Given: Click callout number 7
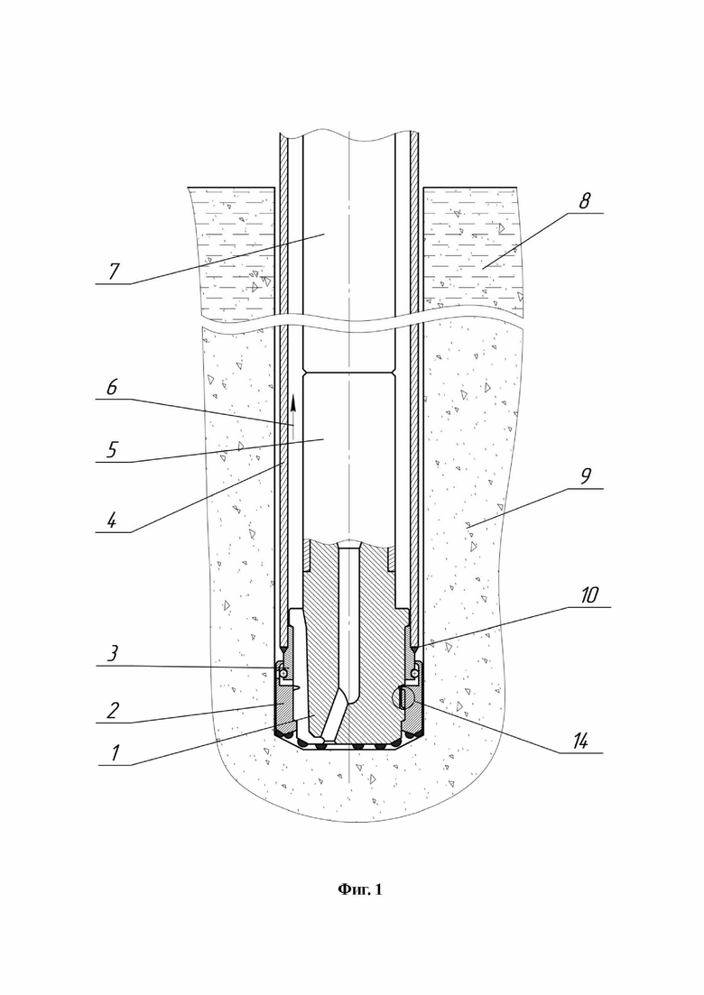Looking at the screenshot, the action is click(x=114, y=271).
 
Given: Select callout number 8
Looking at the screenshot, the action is click(x=584, y=201).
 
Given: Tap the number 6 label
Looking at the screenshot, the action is click(x=112, y=386).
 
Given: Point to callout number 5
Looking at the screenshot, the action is click(x=112, y=450).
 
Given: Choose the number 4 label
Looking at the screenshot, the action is click(x=112, y=521).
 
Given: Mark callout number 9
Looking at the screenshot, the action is click(x=585, y=476).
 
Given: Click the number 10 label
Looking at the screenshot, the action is click(x=589, y=595).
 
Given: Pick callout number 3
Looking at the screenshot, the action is click(x=112, y=654).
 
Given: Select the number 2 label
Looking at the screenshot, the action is click(x=112, y=710).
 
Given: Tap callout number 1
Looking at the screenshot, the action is click(x=115, y=752).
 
